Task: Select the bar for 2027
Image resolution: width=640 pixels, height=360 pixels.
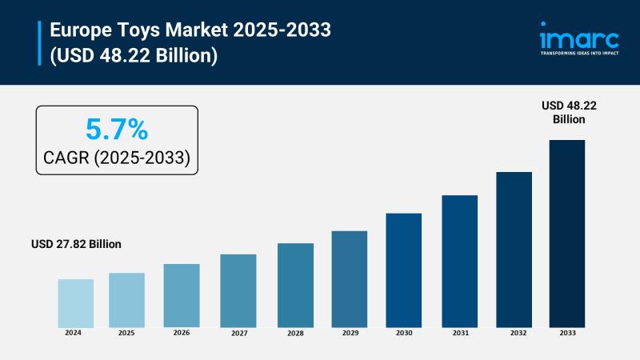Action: (238, 290)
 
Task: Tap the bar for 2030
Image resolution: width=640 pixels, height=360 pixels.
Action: (403, 270)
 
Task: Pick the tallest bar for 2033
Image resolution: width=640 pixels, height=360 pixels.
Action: (566, 233)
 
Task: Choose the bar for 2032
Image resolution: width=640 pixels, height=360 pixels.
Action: (514, 249)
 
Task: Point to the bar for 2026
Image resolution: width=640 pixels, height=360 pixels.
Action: (182, 295)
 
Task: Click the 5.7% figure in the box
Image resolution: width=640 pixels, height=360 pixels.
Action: (116, 129)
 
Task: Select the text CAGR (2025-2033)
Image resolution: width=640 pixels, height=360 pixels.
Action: (117, 158)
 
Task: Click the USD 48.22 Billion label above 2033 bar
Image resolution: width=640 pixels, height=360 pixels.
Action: (569, 112)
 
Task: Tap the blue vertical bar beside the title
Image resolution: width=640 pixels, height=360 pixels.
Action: (39, 43)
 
